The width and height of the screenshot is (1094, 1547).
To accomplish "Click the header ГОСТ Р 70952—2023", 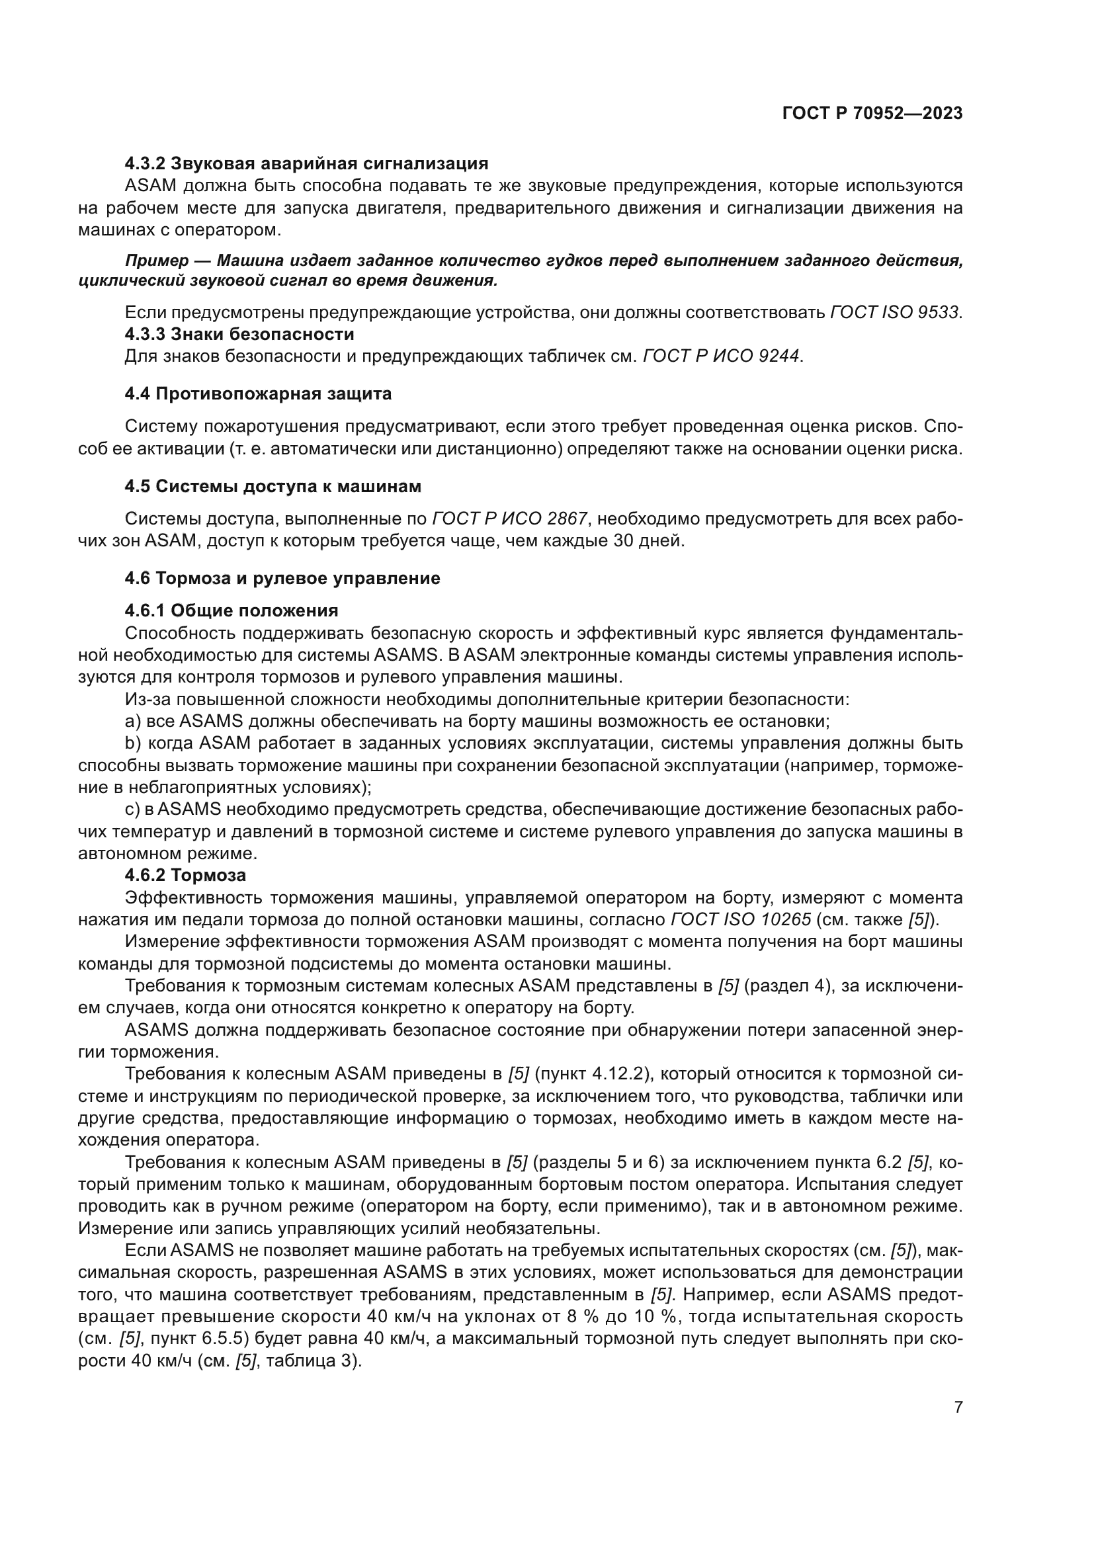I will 872,113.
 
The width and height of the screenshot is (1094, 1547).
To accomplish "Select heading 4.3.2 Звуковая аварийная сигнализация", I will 306,163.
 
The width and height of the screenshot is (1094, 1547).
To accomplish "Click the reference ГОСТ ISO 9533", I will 895,313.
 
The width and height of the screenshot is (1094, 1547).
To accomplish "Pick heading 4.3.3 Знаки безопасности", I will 239,334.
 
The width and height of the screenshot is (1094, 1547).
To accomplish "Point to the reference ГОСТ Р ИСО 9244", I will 722,356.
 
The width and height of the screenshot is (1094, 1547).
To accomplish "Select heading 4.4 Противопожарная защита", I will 258,394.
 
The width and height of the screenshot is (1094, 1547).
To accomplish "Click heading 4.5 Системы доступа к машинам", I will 273,486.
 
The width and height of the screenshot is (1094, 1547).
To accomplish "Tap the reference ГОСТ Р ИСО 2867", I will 509,519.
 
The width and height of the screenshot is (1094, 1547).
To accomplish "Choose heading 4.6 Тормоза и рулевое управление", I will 282,578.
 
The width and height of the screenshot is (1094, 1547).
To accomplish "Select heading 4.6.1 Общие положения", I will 231,610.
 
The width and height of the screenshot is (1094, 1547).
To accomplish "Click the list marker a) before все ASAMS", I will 133,721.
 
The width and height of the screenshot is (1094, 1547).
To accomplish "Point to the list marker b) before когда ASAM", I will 133,743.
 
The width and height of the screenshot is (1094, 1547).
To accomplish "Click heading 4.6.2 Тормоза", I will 185,875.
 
